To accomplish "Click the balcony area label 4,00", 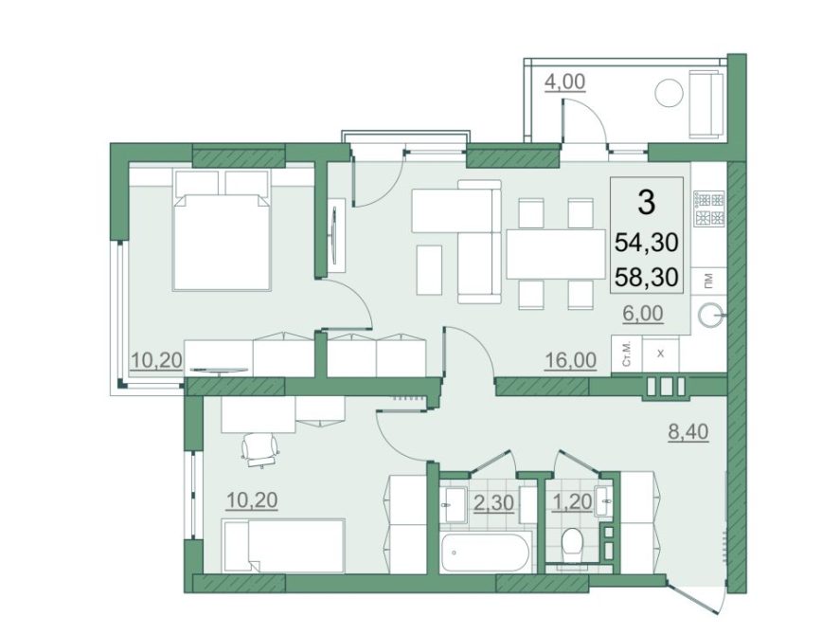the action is [x=564, y=82].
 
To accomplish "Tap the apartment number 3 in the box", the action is [x=647, y=203].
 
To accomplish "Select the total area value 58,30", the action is [x=647, y=277].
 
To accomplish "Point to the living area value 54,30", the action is [x=647, y=243].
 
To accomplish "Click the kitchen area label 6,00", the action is [x=643, y=313].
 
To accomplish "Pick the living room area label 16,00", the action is [x=570, y=360].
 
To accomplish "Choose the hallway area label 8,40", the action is [x=688, y=431].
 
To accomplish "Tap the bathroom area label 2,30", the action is [x=494, y=502].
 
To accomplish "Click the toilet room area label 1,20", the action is [x=573, y=502].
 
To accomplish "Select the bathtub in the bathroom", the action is [x=486, y=553].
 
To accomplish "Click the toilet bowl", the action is [x=573, y=543].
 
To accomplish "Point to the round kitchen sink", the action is [x=712, y=316].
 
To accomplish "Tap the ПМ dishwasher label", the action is [x=709, y=279].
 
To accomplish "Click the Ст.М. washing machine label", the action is [x=627, y=354].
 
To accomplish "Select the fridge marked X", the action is [x=660, y=354].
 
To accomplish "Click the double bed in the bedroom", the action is [x=222, y=230].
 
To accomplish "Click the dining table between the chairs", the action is [x=556, y=254].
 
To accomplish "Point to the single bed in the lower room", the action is [x=284, y=545].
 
